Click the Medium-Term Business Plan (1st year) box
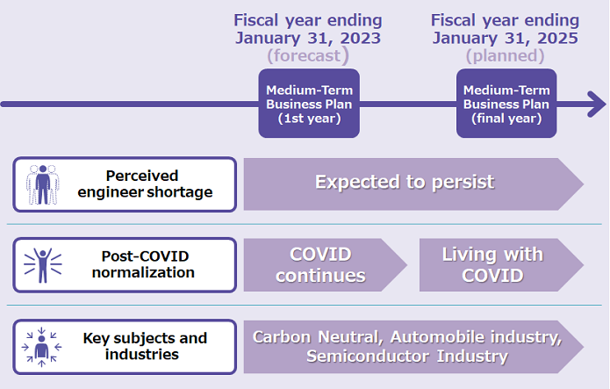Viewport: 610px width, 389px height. tap(309, 104)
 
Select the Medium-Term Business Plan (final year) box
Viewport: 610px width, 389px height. tap(506, 104)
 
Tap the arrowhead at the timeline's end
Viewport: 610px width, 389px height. tap(597, 104)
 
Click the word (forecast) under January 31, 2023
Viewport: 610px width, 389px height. tap(308, 55)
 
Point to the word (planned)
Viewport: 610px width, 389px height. tap(505, 55)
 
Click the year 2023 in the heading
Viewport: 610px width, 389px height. tap(360, 38)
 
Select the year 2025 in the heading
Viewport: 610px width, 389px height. tap(557, 38)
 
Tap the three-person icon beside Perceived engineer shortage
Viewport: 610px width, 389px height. tap(43, 184)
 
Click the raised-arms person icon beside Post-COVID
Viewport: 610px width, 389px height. tap(43, 265)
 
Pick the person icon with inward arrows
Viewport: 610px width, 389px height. tap(41, 347)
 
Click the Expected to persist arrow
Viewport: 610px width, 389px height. tap(413, 184)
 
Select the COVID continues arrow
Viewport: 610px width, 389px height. tap(326, 265)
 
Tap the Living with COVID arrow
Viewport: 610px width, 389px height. tap(501, 265)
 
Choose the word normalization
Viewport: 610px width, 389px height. tap(143, 272)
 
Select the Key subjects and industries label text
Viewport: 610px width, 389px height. tap(145, 346)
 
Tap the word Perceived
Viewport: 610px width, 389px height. tap(142, 176)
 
